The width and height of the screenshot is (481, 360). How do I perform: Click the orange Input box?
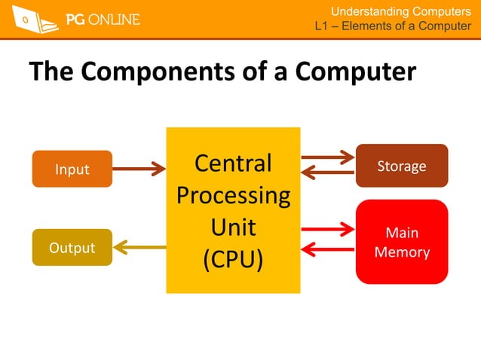[x=72, y=169]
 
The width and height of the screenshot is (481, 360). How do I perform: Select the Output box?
[x=72, y=247]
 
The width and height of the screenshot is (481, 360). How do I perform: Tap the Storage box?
[x=401, y=165]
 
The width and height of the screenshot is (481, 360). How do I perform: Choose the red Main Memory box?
[x=401, y=242]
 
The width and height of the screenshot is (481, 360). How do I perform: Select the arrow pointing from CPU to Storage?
[x=327, y=157]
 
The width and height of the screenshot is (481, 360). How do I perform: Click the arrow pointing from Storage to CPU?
[x=327, y=172]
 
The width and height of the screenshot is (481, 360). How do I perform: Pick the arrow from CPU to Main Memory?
[x=327, y=227]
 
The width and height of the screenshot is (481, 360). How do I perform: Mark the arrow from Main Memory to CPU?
[x=327, y=248]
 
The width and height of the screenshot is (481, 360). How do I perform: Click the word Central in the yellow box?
[x=233, y=163]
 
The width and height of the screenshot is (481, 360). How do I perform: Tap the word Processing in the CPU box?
[x=233, y=195]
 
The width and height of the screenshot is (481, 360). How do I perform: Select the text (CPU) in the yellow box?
[x=233, y=259]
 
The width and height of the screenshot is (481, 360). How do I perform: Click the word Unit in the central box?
[x=233, y=227]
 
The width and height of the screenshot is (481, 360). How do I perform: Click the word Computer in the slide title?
[x=356, y=72]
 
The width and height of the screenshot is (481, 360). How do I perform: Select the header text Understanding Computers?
[x=401, y=11]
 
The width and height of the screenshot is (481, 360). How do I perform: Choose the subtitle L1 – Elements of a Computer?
[x=393, y=27]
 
